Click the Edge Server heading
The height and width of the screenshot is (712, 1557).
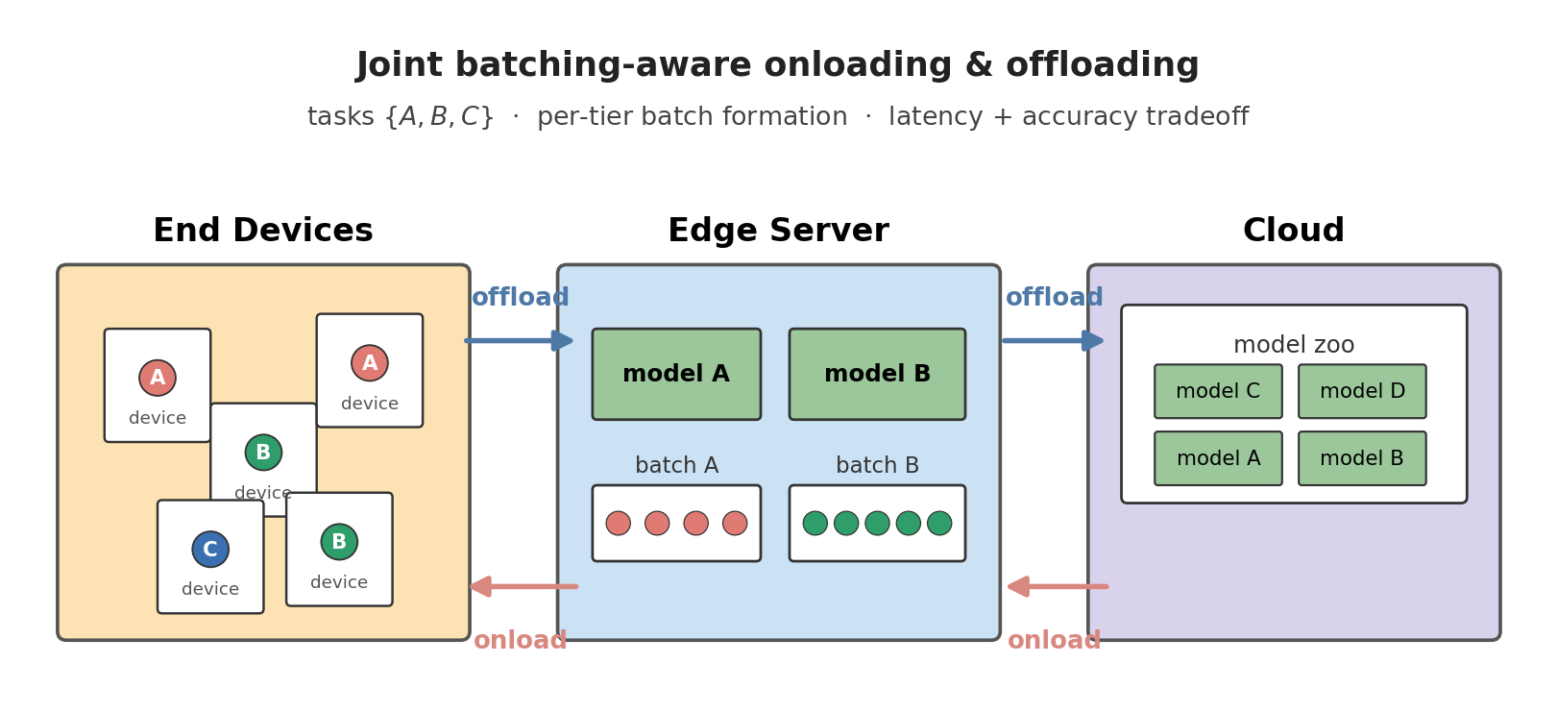click(778, 232)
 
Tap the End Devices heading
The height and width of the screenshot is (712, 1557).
click(262, 232)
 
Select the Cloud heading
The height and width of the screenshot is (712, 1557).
click(1293, 232)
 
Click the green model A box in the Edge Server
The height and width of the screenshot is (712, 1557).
click(676, 375)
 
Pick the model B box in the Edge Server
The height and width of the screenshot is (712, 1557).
click(877, 375)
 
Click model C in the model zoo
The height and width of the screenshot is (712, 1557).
click(1218, 392)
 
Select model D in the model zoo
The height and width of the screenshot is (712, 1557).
click(1362, 392)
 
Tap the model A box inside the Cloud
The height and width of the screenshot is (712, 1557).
click(1218, 459)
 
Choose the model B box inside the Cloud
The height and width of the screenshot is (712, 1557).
click(1362, 459)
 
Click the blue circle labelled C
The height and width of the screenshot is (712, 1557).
click(210, 550)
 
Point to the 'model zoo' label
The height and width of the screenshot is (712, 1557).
click(1293, 345)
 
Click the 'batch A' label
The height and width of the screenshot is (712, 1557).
click(676, 466)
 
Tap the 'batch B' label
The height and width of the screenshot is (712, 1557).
click(877, 466)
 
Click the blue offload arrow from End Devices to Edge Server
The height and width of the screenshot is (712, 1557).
click(519, 340)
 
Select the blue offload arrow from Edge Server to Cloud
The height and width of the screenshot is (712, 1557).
click(1053, 340)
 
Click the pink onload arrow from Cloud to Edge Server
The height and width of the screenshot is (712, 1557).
click(1057, 586)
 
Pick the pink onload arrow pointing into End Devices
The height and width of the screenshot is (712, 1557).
click(523, 586)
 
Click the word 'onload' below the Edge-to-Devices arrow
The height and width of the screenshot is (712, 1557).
click(520, 641)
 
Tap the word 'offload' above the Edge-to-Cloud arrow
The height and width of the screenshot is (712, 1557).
click(1054, 298)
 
